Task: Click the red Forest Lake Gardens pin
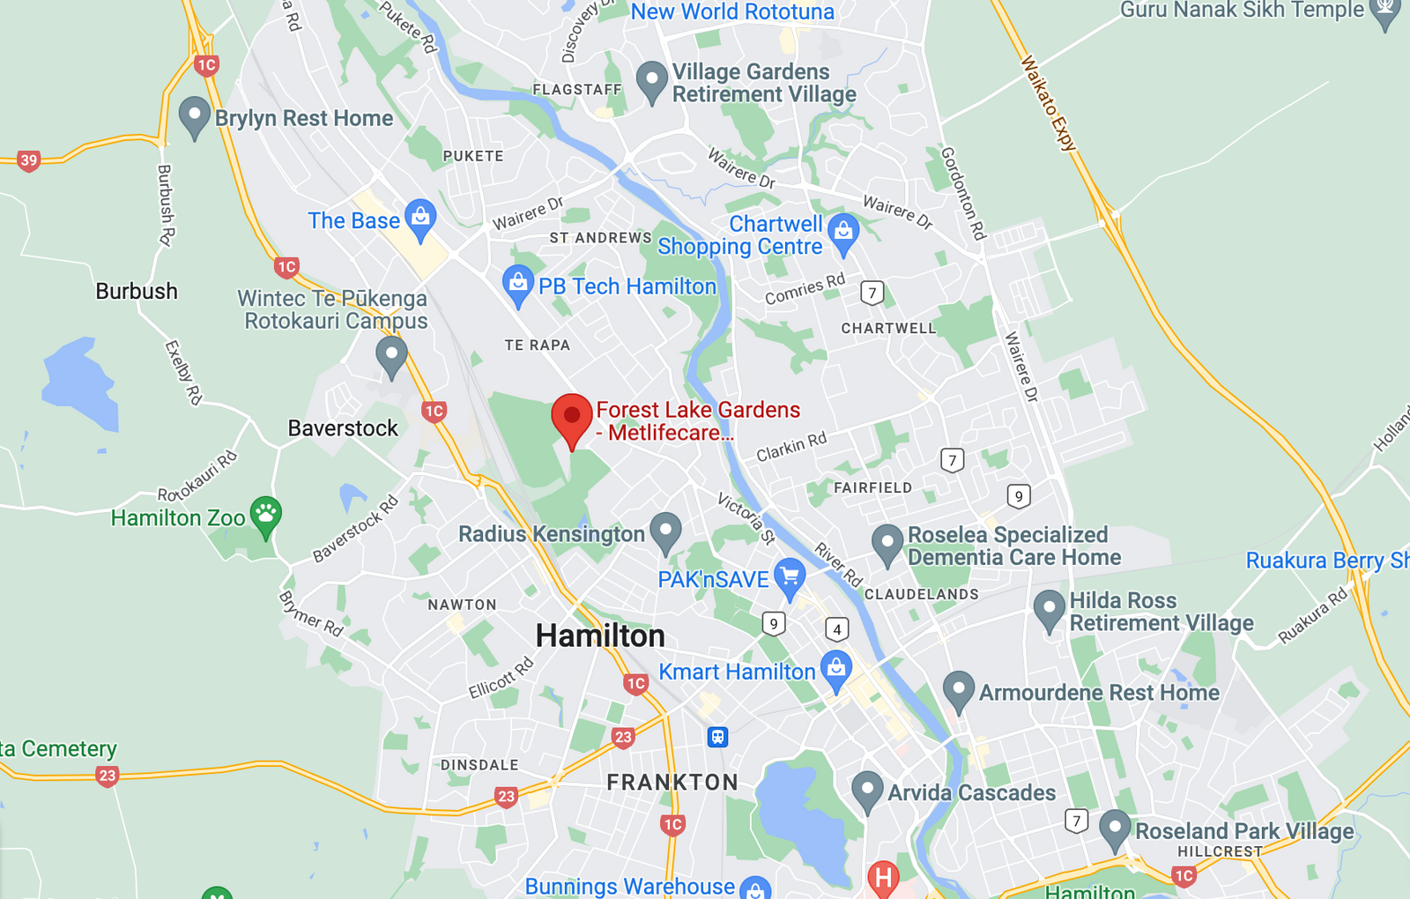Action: tap(572, 417)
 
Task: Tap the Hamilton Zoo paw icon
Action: tap(265, 515)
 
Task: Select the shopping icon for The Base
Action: tap(420, 218)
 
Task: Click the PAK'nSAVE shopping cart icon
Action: tap(790, 577)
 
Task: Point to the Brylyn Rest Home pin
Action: tap(194, 116)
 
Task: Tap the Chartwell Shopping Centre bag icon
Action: tap(843, 233)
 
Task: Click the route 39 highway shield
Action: tap(29, 160)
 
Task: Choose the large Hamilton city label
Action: tap(600, 635)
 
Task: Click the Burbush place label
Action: tap(137, 291)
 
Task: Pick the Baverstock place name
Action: tap(343, 428)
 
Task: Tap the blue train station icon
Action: tap(718, 736)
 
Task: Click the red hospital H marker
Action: tap(883, 878)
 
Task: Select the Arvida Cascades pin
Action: tap(867, 790)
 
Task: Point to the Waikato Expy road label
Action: tap(1049, 103)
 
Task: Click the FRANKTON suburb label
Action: tap(672, 782)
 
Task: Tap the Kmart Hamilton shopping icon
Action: tap(836, 669)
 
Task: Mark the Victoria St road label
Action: tap(746, 518)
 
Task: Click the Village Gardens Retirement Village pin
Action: tap(652, 81)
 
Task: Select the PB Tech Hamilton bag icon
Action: tap(518, 285)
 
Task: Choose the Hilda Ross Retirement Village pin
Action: tap(1049, 609)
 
